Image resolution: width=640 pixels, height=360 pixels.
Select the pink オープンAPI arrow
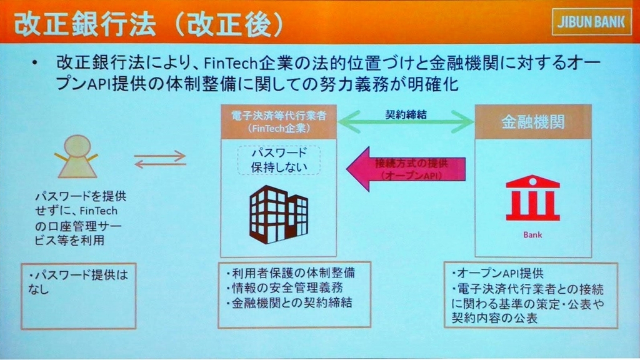point(406,169)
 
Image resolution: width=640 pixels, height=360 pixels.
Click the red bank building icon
point(532,198)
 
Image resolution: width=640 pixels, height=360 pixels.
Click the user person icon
point(77,156)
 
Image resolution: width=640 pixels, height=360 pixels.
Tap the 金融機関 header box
point(532,121)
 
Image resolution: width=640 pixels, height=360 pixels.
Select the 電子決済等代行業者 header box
point(279,121)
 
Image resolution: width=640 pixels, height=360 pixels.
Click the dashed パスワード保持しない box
point(279,160)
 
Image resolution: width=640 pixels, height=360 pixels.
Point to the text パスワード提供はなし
point(77,282)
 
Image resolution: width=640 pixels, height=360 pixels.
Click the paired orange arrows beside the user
point(160,159)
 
